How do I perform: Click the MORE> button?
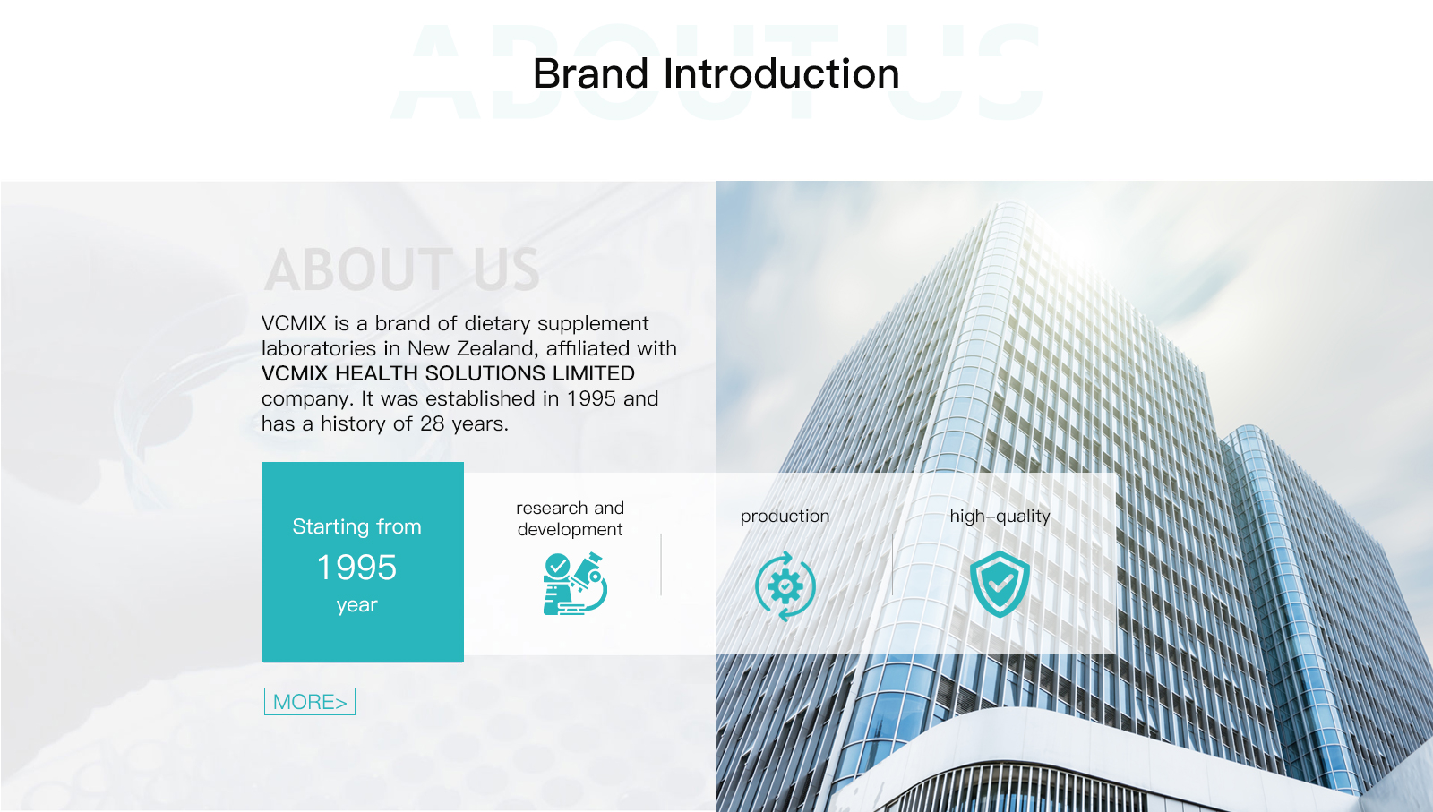coord(310,701)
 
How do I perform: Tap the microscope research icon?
coord(574,584)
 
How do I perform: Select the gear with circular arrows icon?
coord(785,585)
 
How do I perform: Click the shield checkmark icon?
coord(1000,583)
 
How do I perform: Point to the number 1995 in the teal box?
coord(357,567)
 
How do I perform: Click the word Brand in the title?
coord(591,73)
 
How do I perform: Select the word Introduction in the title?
coord(782,73)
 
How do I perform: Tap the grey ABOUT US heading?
coord(402,269)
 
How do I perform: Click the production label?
coord(785,516)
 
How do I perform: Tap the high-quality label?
coord(1000,516)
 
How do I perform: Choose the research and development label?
coord(570,518)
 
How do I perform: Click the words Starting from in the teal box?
coord(357,526)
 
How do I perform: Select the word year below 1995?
coord(357,605)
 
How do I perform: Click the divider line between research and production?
coord(661,565)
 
